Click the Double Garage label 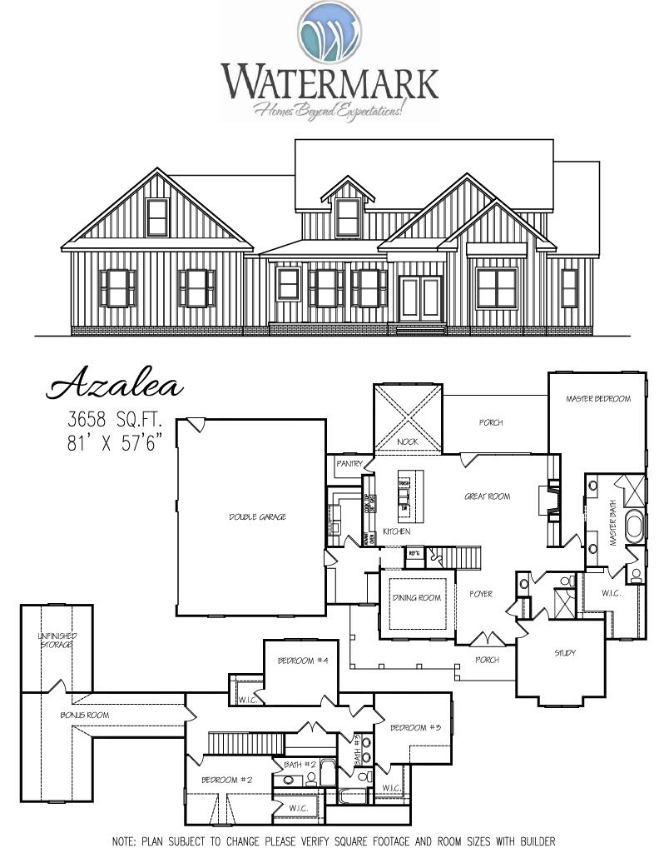(x=257, y=517)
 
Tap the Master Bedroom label (x=597, y=399)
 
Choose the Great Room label (x=487, y=497)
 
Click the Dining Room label (x=416, y=598)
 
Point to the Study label (x=564, y=653)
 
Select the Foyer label (x=480, y=595)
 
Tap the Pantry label (x=348, y=463)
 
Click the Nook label (x=408, y=441)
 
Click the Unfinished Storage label (x=56, y=641)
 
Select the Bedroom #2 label (x=226, y=781)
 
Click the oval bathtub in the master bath (x=634, y=528)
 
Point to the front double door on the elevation (x=419, y=300)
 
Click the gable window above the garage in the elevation (x=157, y=217)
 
